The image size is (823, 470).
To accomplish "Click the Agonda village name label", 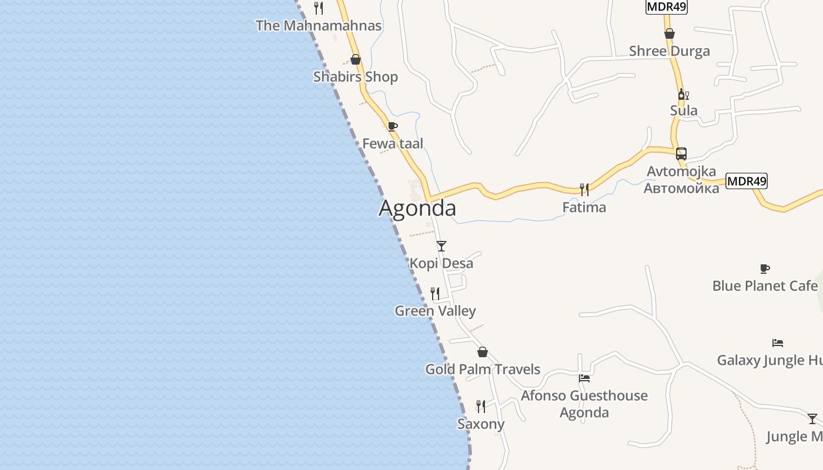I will click(417, 209).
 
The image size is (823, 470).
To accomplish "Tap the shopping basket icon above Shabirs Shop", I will click(356, 59).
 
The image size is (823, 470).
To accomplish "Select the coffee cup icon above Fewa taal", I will click(393, 126).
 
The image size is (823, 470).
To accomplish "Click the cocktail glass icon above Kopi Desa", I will click(441, 246).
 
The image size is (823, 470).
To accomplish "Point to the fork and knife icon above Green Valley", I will click(435, 293).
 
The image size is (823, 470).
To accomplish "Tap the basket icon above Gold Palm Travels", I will click(483, 352).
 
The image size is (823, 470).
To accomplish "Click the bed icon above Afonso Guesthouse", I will click(584, 378).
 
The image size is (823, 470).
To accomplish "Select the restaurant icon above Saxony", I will click(481, 406).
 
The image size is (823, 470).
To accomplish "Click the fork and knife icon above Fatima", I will click(584, 189).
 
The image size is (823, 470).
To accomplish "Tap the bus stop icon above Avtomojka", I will click(681, 154).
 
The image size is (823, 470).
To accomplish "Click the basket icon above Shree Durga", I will click(670, 33).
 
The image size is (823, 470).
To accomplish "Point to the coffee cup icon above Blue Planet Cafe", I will click(765, 268).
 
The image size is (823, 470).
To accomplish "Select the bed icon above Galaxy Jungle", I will click(778, 343).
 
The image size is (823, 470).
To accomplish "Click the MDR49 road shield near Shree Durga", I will click(666, 6).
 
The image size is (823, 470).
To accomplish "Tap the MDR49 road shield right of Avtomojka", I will click(747, 181).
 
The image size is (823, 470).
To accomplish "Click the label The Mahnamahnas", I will click(319, 26).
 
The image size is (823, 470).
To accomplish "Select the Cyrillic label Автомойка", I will click(681, 189).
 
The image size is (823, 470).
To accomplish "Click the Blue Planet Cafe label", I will click(765, 286).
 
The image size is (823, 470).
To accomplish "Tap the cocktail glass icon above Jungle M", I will click(812, 418).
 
